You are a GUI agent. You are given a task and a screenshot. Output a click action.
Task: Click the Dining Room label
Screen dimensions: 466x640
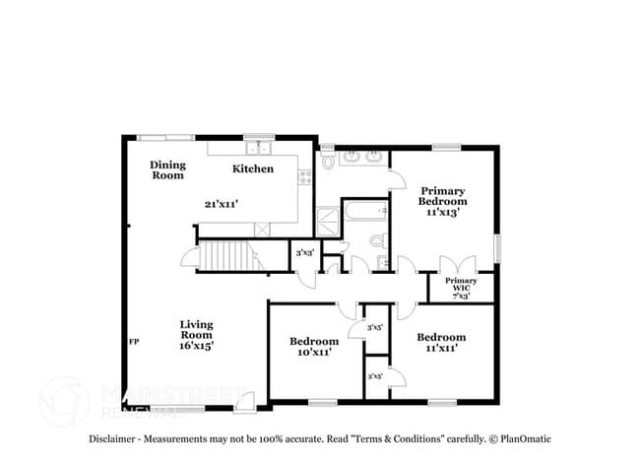point(167,170)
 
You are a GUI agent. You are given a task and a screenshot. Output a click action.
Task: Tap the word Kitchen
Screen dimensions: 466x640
point(253,168)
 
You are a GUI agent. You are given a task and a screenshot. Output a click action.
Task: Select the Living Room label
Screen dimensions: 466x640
point(196,334)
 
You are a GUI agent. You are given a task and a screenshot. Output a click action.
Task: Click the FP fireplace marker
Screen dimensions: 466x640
point(133,342)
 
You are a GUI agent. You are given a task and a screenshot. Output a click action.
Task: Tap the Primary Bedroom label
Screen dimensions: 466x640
point(443,200)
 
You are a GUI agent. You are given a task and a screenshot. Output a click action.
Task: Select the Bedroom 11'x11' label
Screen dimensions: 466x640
point(440,343)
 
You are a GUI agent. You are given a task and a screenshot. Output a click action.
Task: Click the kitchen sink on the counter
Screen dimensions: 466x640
point(261,149)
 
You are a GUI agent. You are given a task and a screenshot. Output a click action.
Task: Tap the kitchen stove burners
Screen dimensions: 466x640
point(304,177)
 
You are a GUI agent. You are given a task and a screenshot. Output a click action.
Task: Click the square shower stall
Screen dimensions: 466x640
point(325,219)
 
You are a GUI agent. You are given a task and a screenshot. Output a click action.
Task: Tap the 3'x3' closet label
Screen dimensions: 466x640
point(305,253)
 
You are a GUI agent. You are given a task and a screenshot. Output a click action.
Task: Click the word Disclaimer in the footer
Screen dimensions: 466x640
point(117,438)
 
